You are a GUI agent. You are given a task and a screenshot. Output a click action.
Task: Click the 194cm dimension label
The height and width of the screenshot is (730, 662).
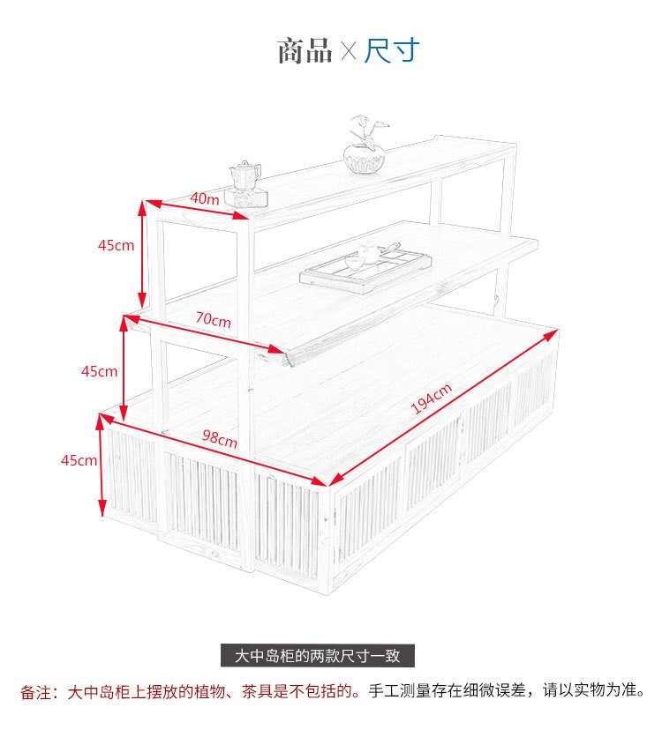click(432, 399)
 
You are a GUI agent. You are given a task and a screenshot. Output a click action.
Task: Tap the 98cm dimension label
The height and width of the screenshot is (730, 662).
click(220, 438)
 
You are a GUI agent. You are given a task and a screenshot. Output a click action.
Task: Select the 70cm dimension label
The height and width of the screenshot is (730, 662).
click(213, 319)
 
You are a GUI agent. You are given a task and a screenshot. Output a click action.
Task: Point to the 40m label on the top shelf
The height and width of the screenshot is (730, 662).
click(205, 198)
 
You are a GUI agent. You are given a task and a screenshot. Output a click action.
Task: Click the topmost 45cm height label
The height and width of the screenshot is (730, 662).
click(117, 245)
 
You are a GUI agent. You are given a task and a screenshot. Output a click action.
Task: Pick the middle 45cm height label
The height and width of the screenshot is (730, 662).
click(99, 371)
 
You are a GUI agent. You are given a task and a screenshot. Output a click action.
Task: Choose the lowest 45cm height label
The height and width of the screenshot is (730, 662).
click(79, 460)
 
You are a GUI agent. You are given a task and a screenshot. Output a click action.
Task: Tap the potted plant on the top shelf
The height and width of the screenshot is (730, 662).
click(366, 145)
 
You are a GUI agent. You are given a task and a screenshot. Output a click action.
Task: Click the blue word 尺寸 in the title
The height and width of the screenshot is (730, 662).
click(392, 50)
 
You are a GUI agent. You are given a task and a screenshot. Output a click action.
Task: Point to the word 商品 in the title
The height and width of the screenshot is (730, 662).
click(305, 51)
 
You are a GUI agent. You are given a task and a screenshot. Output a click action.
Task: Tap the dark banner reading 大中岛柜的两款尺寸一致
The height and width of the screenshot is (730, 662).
click(318, 656)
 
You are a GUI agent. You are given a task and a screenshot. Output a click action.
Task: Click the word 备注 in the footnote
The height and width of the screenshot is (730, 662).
click(36, 692)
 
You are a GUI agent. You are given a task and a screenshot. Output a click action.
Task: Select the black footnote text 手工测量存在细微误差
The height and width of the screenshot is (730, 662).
click(448, 690)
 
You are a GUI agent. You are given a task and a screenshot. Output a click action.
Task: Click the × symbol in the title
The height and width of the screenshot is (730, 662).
click(349, 51)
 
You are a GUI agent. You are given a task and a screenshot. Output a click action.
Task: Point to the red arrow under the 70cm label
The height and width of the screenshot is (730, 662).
click(205, 334)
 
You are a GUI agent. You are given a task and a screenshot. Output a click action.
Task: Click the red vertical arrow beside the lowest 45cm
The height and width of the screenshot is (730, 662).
click(102, 466)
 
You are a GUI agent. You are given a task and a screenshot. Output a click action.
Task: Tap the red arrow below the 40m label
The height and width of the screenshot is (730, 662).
click(197, 210)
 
